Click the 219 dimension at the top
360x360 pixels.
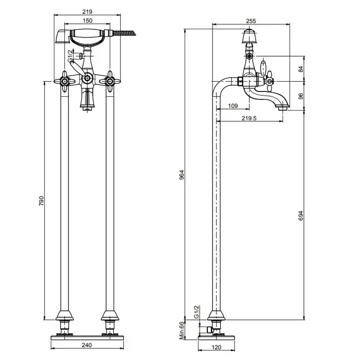point(87,12)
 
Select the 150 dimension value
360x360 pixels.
point(87,21)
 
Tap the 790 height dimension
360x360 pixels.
point(41,201)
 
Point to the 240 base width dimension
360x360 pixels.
point(87,345)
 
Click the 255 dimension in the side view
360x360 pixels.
point(251,21)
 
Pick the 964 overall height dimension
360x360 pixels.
point(182,175)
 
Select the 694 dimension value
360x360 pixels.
point(301,215)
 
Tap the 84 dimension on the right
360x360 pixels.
point(301,69)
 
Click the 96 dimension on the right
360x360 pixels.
point(301,96)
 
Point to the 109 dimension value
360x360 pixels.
point(233,106)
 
